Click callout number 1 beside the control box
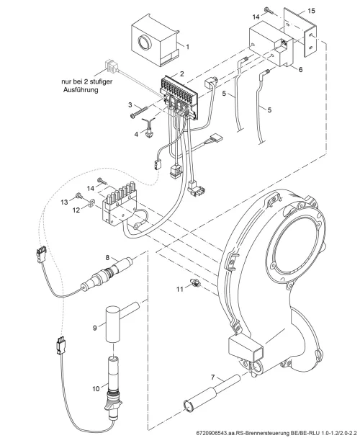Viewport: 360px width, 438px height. point(187,47)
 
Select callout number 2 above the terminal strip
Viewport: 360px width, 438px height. point(182,73)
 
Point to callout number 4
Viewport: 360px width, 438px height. point(136,135)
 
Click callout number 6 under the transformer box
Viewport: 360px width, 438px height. point(300,69)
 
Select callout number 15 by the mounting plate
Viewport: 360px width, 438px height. point(311,11)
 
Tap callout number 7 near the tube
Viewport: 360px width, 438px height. point(213,377)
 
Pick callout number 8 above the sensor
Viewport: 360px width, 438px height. point(107,257)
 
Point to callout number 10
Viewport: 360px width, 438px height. point(96,388)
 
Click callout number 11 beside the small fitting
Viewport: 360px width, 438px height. point(179,289)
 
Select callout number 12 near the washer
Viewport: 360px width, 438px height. point(76,210)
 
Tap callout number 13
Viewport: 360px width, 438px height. point(65,202)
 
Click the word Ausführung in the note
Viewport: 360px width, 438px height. point(81,90)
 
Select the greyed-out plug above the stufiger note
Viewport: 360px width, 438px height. point(112,65)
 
